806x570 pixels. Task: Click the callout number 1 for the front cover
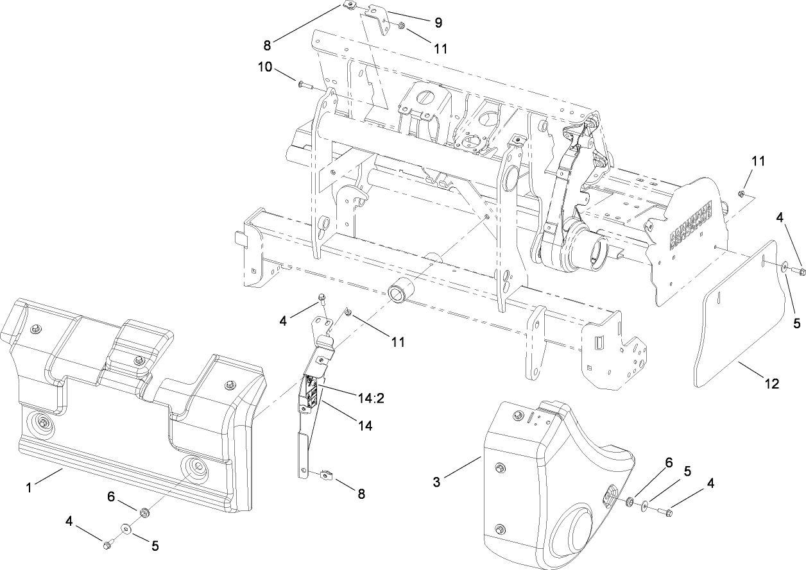click(x=29, y=488)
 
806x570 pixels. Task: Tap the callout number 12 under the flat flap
click(x=771, y=384)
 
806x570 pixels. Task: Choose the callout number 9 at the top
click(x=438, y=22)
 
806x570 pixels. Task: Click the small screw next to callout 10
click(x=304, y=83)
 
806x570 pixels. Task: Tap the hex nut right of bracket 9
click(x=400, y=26)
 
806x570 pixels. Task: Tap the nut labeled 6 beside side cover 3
click(x=631, y=500)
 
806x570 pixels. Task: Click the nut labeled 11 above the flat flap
click(x=741, y=192)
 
